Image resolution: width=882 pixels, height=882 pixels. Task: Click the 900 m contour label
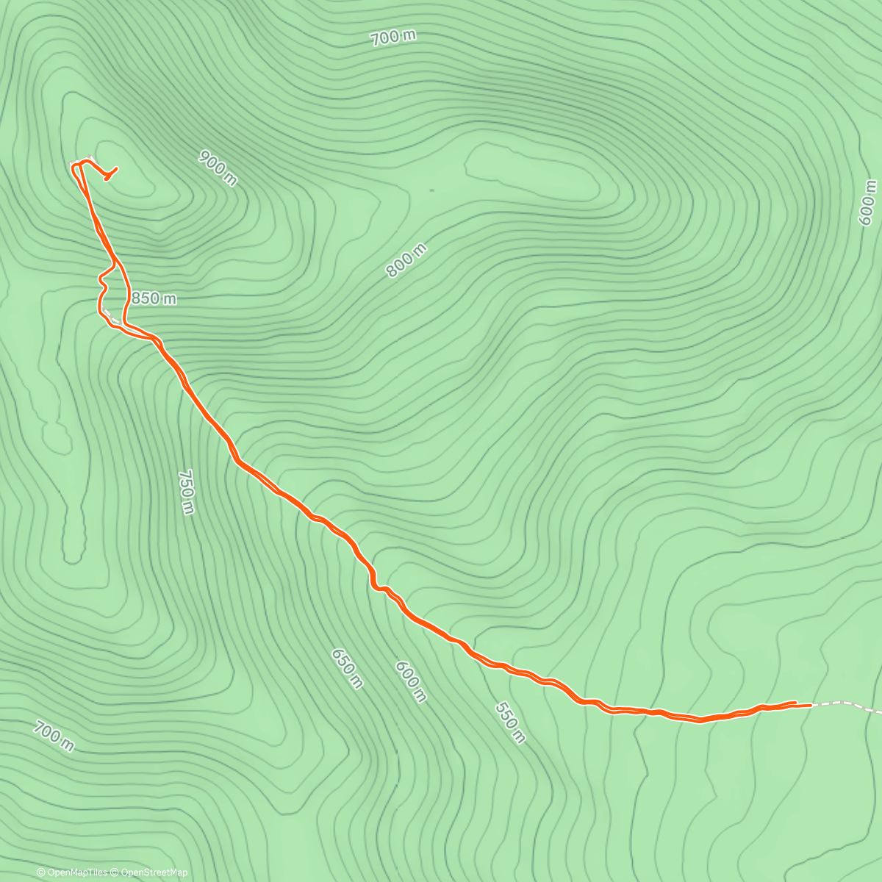pyautogui.click(x=218, y=168)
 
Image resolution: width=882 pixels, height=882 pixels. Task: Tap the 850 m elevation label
pyautogui.click(x=154, y=298)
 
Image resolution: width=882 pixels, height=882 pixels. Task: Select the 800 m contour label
pyautogui.click(x=406, y=261)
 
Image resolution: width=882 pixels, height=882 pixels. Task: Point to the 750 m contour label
pyautogui.click(x=186, y=492)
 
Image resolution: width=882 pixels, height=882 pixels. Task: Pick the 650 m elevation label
pyautogui.click(x=347, y=668)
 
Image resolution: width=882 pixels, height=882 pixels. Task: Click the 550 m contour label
pyautogui.click(x=510, y=723)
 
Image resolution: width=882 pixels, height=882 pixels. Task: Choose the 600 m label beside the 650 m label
pyautogui.click(x=410, y=681)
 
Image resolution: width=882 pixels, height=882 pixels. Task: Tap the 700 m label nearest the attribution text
pyautogui.click(x=54, y=736)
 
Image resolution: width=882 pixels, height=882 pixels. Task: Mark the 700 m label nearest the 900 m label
pyautogui.click(x=394, y=37)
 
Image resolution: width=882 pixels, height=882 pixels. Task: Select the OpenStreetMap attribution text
pyautogui.click(x=151, y=872)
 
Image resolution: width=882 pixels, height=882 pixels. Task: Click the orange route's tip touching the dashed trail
pyautogui.click(x=810, y=705)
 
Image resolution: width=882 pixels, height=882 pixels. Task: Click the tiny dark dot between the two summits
pyautogui.click(x=431, y=190)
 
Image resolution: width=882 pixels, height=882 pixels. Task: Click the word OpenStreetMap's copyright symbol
pyautogui.click(x=112, y=872)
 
